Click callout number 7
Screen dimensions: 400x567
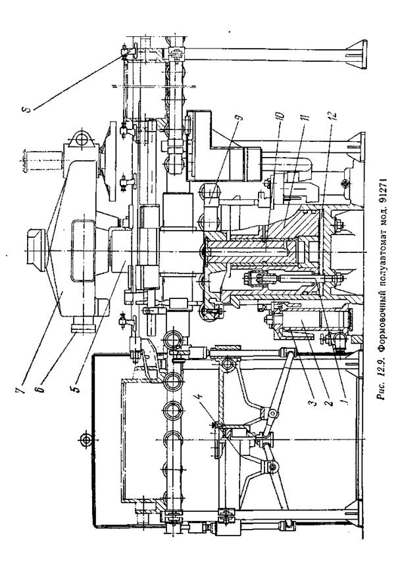pyautogui.click(x=22, y=390)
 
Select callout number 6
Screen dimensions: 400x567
pyautogui.click(x=41, y=390)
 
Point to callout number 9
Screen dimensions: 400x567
pyautogui.click(x=240, y=118)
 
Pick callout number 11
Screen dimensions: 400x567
pyautogui.click(x=305, y=118)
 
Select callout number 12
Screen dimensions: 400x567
pyautogui.click(x=334, y=116)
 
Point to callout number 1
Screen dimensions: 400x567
pyautogui.click(x=344, y=401)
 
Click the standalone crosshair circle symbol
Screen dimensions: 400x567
pyautogui.click(x=86, y=440)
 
